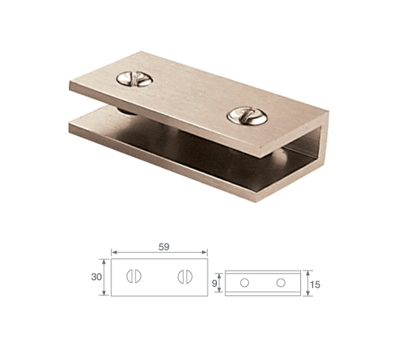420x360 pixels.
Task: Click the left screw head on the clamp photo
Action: point(135,79)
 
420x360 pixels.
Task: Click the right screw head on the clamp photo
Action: point(247,116)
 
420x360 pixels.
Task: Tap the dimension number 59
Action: point(164,246)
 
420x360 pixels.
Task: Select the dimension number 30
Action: point(96,277)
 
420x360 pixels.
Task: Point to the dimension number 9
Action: point(215,283)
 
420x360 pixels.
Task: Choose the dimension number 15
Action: point(315,285)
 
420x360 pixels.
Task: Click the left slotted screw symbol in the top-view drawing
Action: point(134,276)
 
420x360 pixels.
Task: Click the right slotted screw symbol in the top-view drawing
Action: point(185,277)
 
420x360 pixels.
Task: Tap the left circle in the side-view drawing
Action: point(244,282)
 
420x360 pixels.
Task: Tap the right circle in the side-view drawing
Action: point(281,282)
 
